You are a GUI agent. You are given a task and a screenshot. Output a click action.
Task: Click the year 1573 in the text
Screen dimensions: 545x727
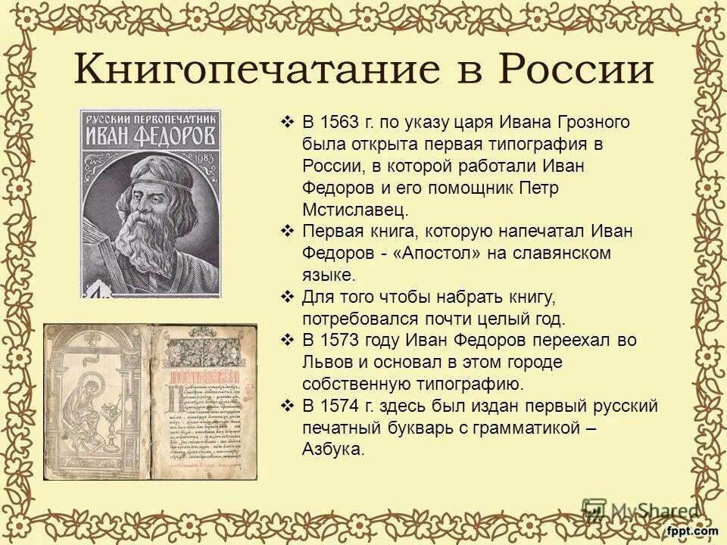pos(344,341)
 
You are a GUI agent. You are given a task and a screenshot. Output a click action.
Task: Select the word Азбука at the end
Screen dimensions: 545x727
pos(333,450)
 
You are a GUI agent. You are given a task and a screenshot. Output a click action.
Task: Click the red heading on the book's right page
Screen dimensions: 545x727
pos(204,378)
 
